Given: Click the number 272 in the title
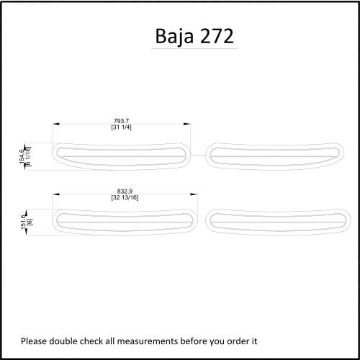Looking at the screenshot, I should coord(217,36).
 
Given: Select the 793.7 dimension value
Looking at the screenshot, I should coord(122,120).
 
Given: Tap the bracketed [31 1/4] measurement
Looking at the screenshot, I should coord(122,127).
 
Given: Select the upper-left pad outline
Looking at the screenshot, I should coord(122,153).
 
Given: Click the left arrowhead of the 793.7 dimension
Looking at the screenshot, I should coord(55,124).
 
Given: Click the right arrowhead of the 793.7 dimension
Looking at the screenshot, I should coord(189,124).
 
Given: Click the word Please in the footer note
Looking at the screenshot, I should coord(34,341).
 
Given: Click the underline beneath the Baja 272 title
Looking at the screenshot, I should coord(194,49).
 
